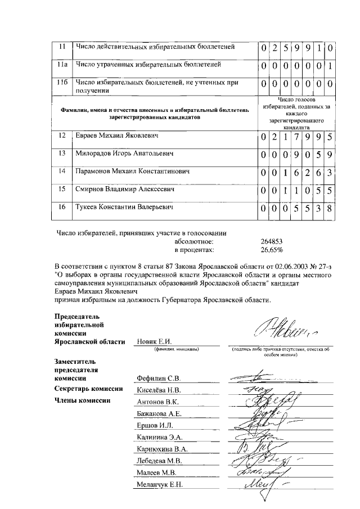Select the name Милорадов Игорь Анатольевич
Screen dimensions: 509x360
[x=123, y=154]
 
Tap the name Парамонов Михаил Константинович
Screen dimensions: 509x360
[x=131, y=172]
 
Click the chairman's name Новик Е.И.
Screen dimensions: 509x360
[x=154, y=342]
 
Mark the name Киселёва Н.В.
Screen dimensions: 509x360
[x=159, y=390]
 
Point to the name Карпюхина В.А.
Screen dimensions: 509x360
[x=162, y=449]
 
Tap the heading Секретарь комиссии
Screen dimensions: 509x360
[x=88, y=389]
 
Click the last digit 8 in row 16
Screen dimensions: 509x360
[x=330, y=209]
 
